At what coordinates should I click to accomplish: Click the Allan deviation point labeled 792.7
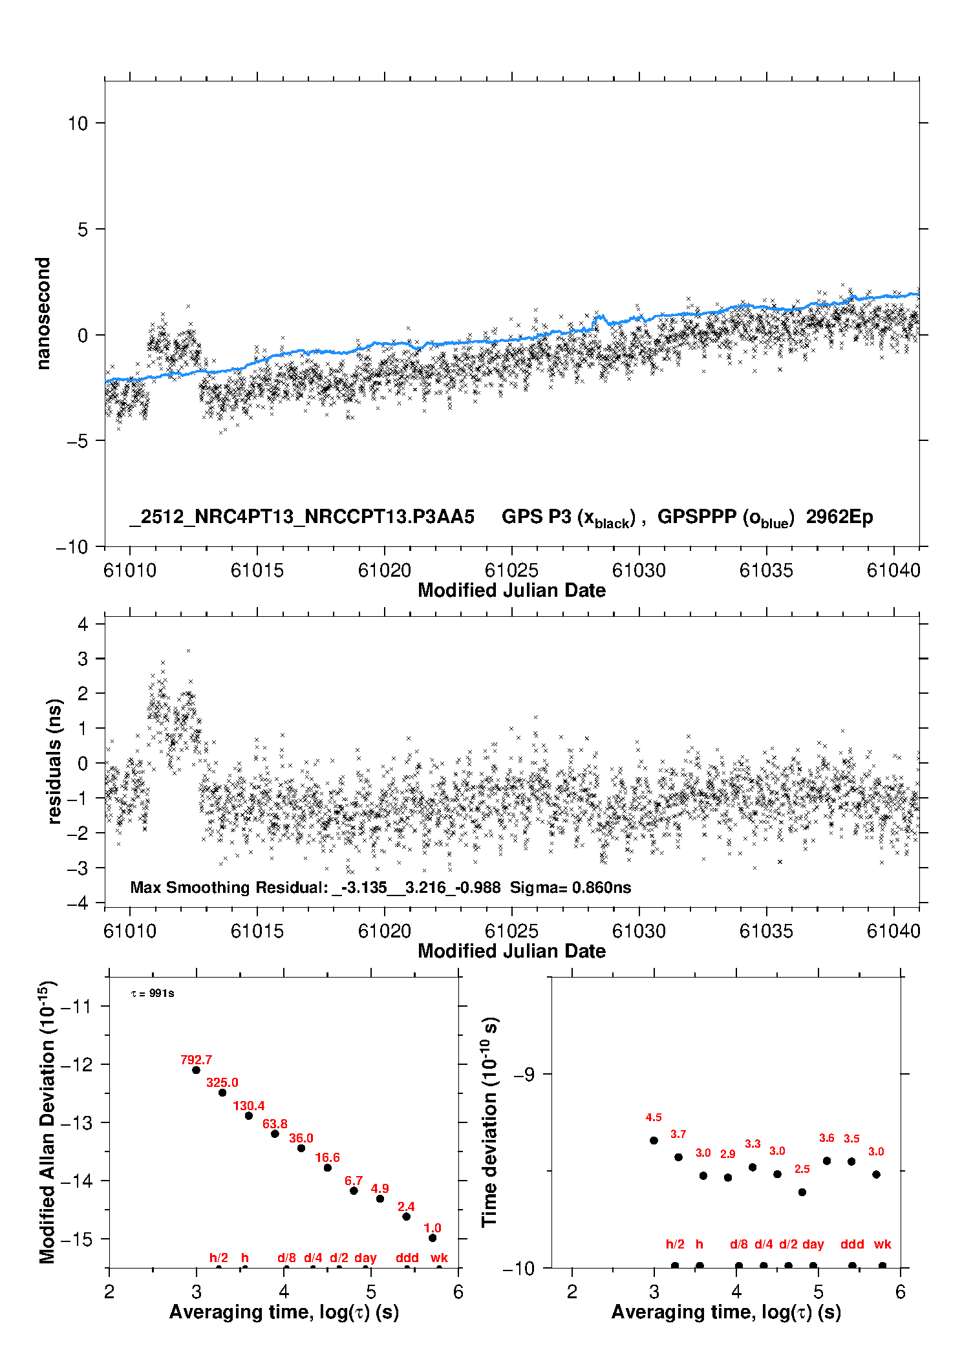(x=196, y=1070)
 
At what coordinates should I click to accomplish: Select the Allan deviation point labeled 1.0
(x=433, y=1238)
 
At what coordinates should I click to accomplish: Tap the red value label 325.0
(x=222, y=1082)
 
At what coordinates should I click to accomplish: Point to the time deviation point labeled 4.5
(x=654, y=1141)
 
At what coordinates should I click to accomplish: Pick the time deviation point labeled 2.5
(x=802, y=1192)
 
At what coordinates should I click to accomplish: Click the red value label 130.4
(x=249, y=1106)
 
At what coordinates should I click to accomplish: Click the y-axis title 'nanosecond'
(x=43, y=314)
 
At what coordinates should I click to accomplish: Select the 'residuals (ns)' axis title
(x=55, y=761)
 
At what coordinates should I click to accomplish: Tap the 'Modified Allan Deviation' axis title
(x=47, y=1122)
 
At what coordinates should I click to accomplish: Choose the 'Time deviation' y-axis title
(x=489, y=1122)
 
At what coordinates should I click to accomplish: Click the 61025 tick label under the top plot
(x=511, y=570)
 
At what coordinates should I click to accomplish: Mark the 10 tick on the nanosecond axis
(x=78, y=123)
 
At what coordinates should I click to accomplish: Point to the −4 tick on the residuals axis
(x=78, y=903)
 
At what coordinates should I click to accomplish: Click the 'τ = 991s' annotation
(x=153, y=993)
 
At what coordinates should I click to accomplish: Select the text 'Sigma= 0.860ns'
(x=570, y=887)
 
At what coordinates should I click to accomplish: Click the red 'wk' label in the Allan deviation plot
(x=439, y=1258)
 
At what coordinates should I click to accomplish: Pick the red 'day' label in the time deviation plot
(x=813, y=1244)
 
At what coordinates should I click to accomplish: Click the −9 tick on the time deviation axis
(x=524, y=1075)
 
